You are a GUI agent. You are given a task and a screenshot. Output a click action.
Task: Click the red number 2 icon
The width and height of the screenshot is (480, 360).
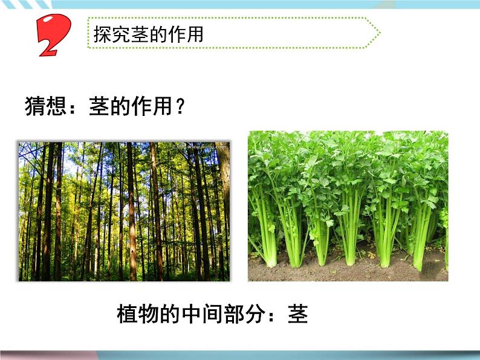click(x=53, y=35)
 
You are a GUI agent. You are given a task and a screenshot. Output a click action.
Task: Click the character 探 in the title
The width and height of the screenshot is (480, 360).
click(x=103, y=34)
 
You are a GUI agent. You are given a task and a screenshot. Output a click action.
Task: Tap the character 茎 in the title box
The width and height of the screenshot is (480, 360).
click(x=140, y=34)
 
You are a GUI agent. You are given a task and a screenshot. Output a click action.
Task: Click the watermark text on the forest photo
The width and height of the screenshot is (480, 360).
click(x=199, y=146)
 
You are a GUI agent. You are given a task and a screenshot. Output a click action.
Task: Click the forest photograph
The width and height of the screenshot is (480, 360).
click(x=124, y=211)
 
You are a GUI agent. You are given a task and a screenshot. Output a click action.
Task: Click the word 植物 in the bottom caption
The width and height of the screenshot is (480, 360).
click(x=136, y=314)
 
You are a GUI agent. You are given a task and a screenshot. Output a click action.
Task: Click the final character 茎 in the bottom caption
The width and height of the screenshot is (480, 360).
click(x=297, y=314)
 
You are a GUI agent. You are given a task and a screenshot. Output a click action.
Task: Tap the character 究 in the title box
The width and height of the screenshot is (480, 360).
click(x=121, y=34)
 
